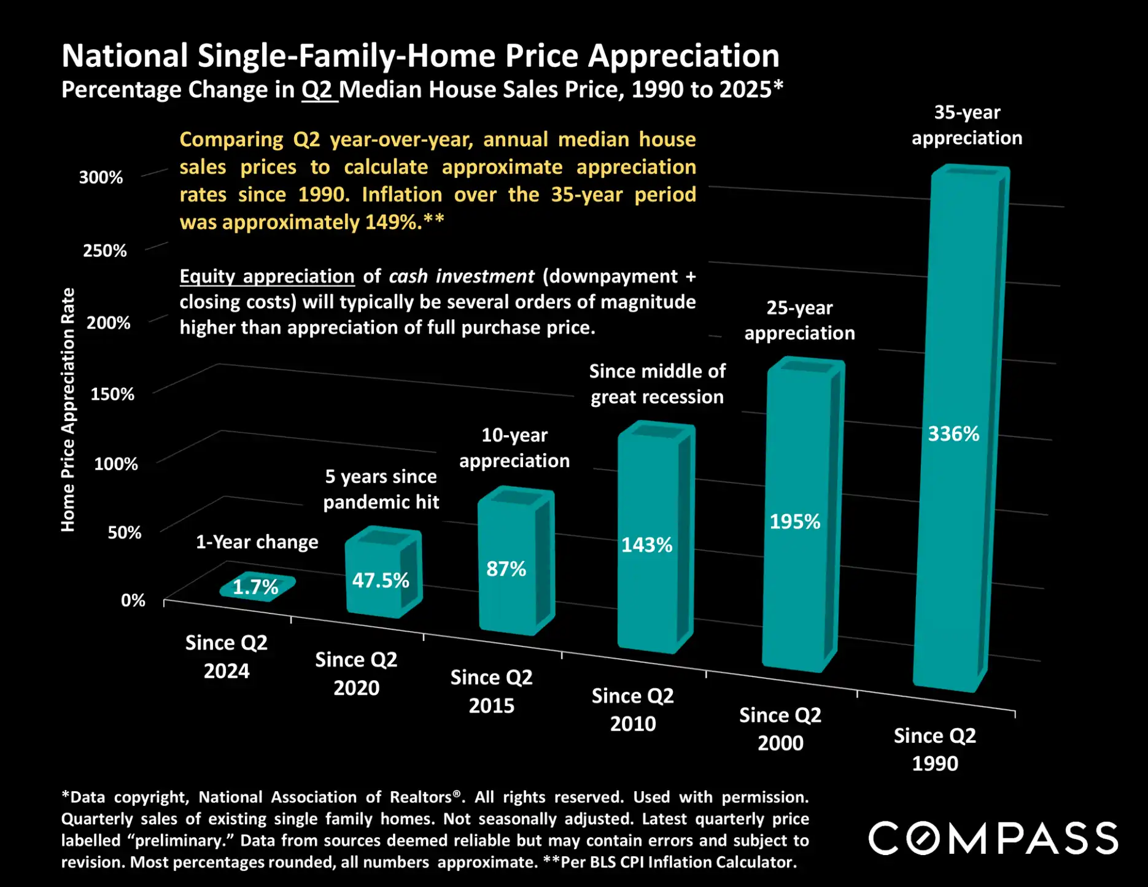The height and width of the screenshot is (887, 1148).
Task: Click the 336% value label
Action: tap(953, 434)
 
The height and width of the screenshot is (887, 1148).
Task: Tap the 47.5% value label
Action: tap(380, 580)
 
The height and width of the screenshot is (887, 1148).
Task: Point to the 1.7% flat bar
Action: tap(257, 587)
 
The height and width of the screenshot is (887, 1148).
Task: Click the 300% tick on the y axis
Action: tap(101, 177)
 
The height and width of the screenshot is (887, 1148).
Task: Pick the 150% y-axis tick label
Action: tap(112, 393)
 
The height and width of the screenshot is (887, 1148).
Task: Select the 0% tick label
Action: tap(133, 600)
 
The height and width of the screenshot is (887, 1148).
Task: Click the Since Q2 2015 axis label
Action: tap(491, 691)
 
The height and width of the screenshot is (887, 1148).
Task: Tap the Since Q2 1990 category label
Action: tap(934, 749)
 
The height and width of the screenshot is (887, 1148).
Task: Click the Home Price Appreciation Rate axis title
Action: tap(68, 409)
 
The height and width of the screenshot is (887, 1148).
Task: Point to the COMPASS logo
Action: tap(993, 839)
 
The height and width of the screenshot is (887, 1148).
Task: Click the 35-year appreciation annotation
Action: tap(966, 125)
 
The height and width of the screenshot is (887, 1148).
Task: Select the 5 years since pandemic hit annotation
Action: tap(381, 489)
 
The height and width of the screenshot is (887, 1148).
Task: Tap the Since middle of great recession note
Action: tap(657, 384)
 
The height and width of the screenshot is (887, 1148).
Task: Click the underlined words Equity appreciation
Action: tap(267, 276)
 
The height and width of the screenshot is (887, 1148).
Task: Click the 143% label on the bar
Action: tap(646, 544)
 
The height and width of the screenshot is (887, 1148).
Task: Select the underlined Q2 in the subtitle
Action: tap(318, 90)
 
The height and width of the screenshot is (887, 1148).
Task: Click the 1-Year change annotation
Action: tap(257, 542)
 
